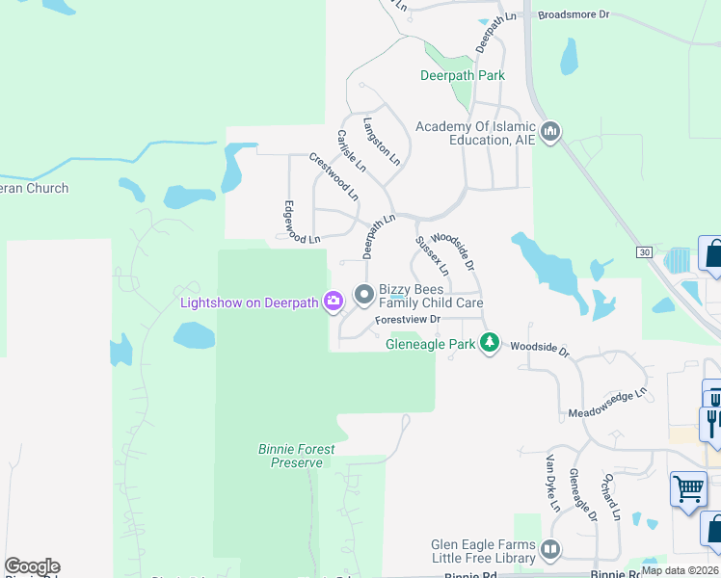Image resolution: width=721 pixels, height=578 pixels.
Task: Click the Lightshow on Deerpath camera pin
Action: [x=334, y=302]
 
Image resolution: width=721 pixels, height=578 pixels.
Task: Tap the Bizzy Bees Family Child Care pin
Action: [x=363, y=294]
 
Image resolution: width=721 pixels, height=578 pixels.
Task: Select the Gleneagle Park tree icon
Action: [x=491, y=343]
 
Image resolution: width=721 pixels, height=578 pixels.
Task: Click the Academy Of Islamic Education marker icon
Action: [x=550, y=131]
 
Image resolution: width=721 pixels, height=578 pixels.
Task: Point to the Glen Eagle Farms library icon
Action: [x=550, y=550]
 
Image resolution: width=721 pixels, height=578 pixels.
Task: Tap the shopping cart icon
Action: [x=688, y=487]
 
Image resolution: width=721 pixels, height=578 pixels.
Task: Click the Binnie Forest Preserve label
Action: [x=297, y=456]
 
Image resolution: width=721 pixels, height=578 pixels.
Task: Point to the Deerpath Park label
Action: [x=463, y=75]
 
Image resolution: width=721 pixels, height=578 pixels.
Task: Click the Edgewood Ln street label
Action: [x=301, y=223]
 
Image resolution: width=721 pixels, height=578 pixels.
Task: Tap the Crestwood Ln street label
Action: [x=334, y=176]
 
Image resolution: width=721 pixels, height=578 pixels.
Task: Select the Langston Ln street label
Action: [x=381, y=141]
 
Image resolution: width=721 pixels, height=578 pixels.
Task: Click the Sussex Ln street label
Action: [x=432, y=256]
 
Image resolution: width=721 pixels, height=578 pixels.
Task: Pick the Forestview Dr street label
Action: [x=408, y=319]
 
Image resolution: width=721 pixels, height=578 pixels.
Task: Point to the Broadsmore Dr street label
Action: [x=574, y=14]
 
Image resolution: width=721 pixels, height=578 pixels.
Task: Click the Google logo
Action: [x=32, y=566]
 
